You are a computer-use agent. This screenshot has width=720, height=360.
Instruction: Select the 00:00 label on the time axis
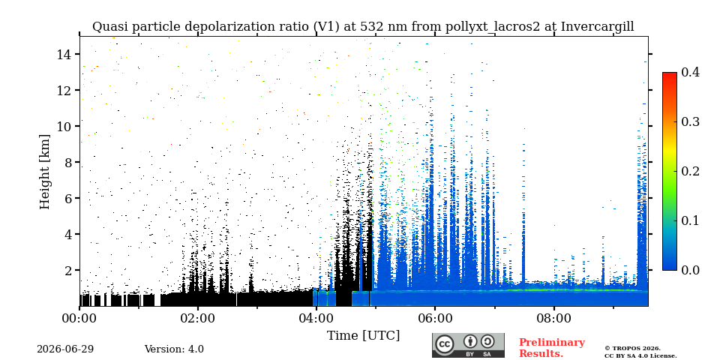click(79, 318)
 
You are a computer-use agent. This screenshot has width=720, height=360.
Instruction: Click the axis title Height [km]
click(44, 172)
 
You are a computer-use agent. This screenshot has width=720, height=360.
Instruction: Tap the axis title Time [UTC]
click(363, 336)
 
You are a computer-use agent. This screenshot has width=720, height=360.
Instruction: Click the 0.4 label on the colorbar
click(690, 72)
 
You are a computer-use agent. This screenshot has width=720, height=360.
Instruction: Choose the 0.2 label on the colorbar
click(690, 171)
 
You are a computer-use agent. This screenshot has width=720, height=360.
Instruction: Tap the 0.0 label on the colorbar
click(690, 270)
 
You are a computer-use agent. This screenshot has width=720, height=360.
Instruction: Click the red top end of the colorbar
click(670, 74)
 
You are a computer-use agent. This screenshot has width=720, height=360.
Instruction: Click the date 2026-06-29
click(65, 349)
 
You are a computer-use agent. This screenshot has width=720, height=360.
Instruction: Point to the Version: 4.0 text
click(174, 349)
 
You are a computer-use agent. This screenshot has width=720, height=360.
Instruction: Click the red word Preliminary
click(552, 343)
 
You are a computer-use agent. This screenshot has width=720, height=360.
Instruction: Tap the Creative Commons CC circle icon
click(444, 345)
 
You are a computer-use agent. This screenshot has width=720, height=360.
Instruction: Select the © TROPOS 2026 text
click(632, 349)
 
